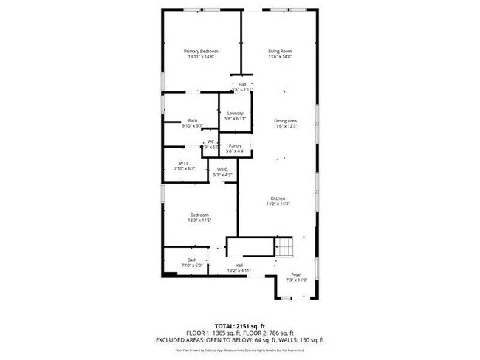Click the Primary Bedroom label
pos(201,51)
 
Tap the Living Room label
pos(280,51)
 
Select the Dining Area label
pos(286,120)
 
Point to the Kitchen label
pos(278,198)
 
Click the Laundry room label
pos(236,113)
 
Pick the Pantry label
pos(236,146)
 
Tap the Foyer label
pos(295,274)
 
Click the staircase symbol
pos(284,248)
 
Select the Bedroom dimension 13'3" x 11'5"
pos(199,221)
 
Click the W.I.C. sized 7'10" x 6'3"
pos(185,169)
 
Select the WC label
pos(210,142)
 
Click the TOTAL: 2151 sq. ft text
pos(240,325)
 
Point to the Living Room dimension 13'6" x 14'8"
pos(280,57)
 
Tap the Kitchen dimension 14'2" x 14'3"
pos(278,204)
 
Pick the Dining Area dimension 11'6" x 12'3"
pos(286,126)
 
